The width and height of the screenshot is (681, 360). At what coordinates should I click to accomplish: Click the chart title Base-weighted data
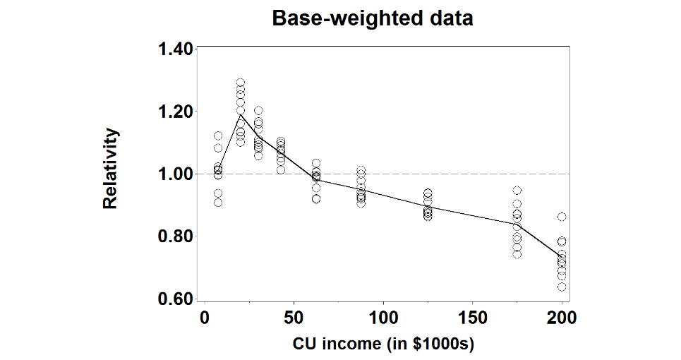[x=373, y=18]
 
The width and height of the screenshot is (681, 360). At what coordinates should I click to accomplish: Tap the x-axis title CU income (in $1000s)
[x=383, y=345]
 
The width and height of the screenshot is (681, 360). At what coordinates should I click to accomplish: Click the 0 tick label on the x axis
[x=204, y=318]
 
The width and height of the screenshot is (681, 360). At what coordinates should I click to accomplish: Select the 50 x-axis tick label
[x=294, y=318]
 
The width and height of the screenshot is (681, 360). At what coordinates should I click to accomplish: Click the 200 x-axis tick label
[x=562, y=318]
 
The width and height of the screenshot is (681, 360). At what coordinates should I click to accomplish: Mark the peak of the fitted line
[x=240, y=114]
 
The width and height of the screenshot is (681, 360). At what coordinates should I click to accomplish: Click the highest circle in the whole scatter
[x=240, y=83]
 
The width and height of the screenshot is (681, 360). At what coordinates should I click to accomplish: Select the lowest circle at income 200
[x=562, y=287]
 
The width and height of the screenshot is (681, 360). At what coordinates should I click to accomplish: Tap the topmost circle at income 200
[x=562, y=217]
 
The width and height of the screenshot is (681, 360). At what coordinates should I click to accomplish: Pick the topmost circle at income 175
[x=517, y=191]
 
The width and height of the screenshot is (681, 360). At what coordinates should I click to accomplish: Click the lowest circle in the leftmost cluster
[x=218, y=203]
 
